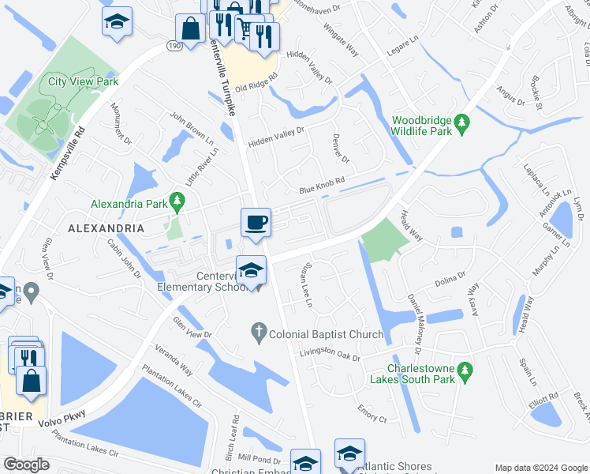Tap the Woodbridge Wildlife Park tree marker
pyautogui.click(x=463, y=123)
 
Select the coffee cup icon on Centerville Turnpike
pyautogui.click(x=256, y=222)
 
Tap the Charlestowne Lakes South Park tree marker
pyautogui.click(x=465, y=369)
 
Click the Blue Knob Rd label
pyautogui.click(x=323, y=186)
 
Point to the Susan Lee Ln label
pyautogui.click(x=304, y=286)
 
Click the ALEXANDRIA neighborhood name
pyautogui.click(x=106, y=228)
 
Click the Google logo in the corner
pyautogui.click(x=26, y=465)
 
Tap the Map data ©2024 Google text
pyautogui.click(x=541, y=468)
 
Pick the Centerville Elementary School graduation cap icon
pyautogui.click(x=251, y=270)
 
